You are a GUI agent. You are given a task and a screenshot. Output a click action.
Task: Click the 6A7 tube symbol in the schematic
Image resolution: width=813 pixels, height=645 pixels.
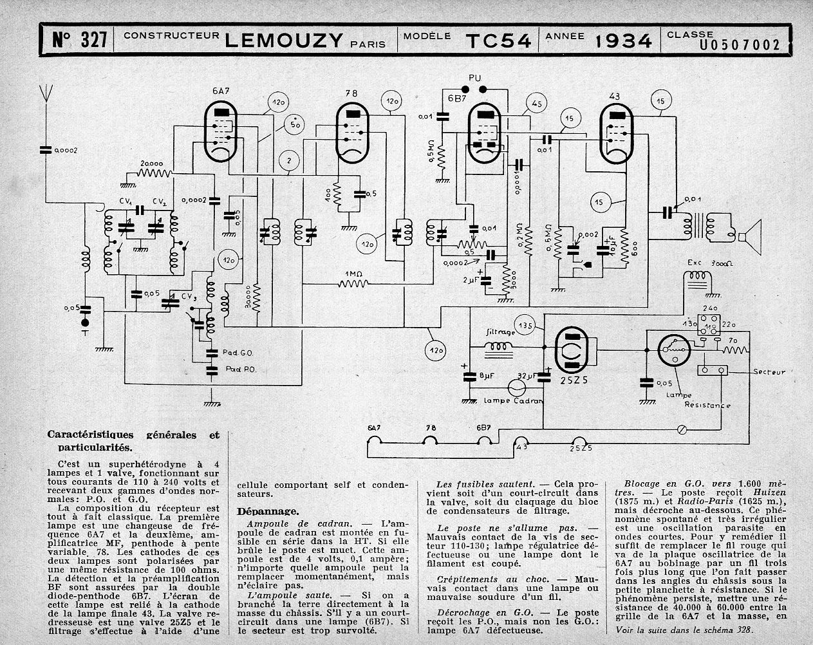point(223,132)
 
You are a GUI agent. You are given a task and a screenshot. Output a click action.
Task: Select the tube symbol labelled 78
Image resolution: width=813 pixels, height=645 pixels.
point(351,133)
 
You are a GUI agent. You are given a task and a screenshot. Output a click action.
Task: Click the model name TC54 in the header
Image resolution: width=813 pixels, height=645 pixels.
point(498,41)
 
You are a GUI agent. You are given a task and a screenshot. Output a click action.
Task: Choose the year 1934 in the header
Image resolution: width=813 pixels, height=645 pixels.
point(623,41)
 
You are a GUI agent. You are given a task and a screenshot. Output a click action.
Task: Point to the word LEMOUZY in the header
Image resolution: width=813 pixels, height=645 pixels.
point(283,41)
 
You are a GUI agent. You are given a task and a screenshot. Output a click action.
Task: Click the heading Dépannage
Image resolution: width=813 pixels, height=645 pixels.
point(267,511)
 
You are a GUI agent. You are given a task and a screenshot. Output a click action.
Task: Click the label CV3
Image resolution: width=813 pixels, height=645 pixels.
point(189,296)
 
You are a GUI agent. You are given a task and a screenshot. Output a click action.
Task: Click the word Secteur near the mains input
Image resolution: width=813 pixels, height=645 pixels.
point(770,372)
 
